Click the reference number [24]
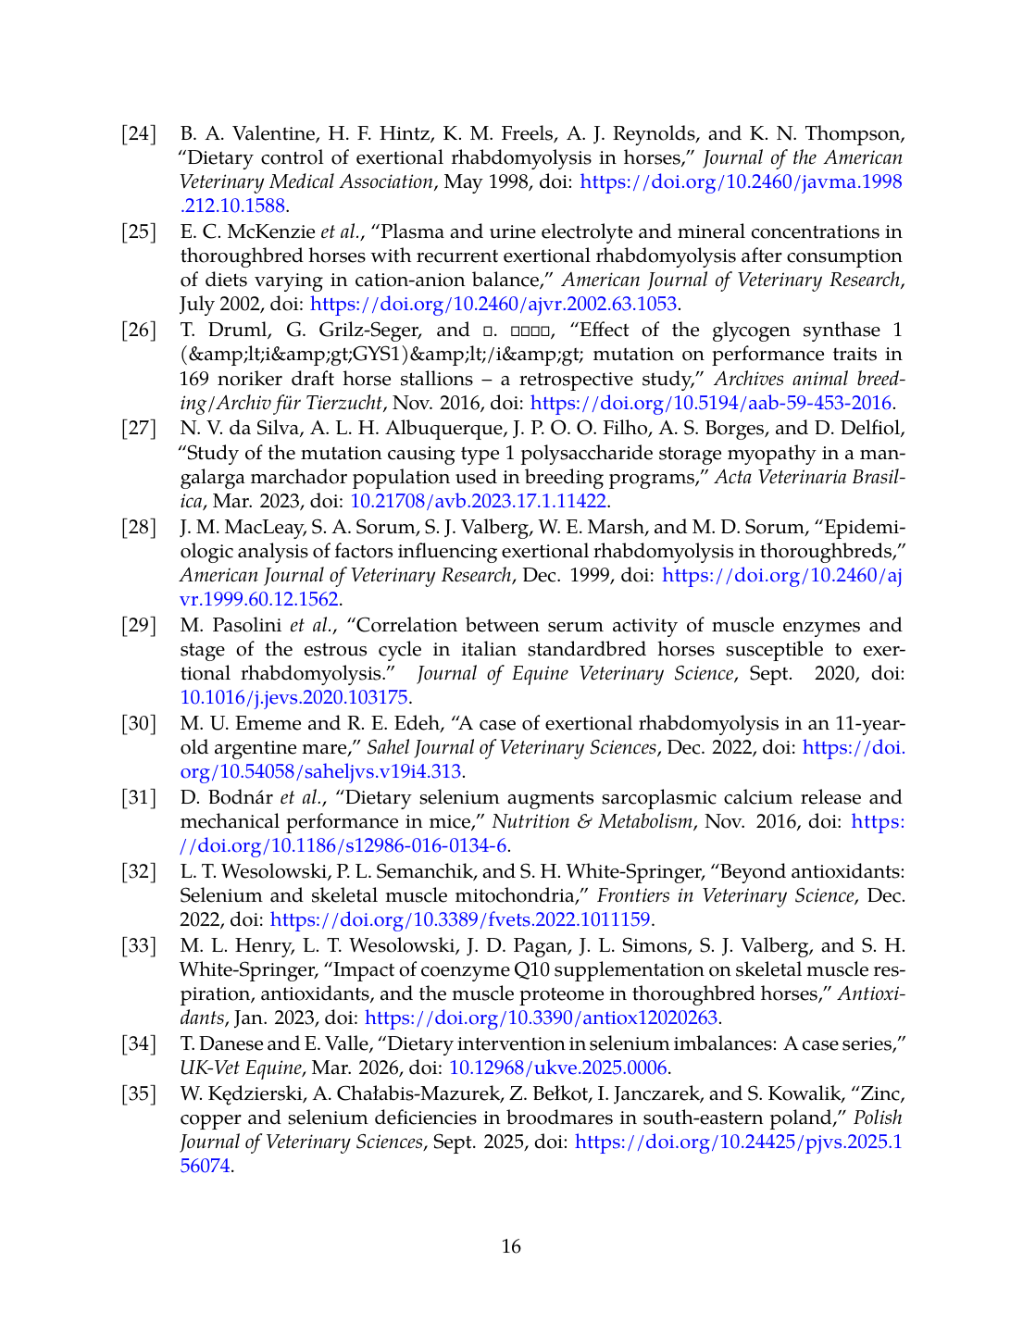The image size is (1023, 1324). click(139, 133)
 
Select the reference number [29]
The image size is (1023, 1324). click(139, 625)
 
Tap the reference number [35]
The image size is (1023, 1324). click(139, 1093)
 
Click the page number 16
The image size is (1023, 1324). click(511, 1246)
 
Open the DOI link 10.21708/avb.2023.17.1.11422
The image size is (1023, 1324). click(478, 501)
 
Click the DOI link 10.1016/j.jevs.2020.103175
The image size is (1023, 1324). click(293, 697)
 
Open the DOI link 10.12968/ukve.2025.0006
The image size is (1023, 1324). click(557, 1068)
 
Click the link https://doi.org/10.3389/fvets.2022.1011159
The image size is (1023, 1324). click(460, 919)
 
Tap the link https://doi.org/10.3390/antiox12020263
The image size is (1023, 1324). click(542, 1018)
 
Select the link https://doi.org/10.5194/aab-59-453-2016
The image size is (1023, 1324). click(711, 403)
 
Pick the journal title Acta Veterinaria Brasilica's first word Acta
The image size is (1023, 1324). click(732, 477)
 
